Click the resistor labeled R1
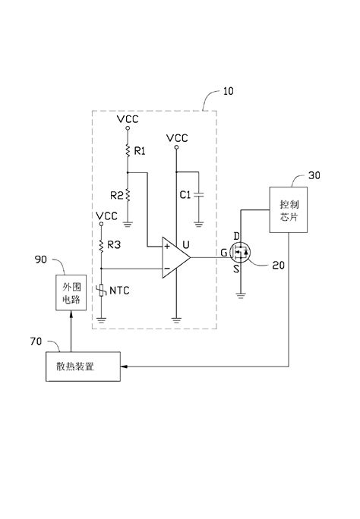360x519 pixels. point(128,151)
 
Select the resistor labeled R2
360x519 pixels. point(128,195)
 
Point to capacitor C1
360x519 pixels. point(197,195)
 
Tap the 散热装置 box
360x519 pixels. point(83,367)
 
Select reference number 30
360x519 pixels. point(314,174)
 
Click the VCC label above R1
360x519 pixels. point(128,119)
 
